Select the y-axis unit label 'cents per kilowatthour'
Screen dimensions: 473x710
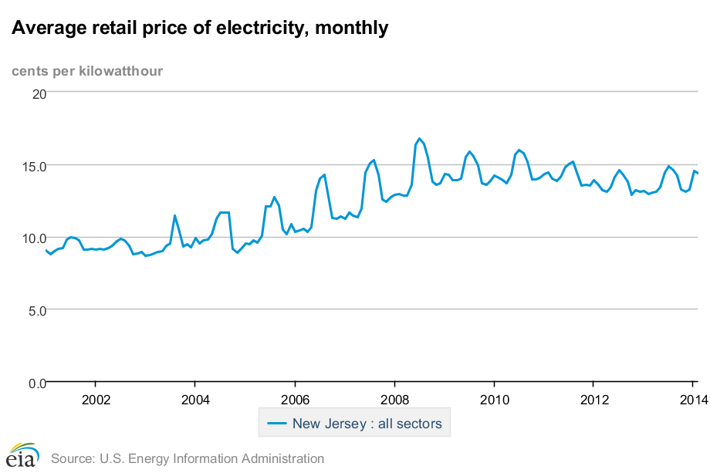87,72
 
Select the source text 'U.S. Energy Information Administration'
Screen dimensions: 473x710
211,458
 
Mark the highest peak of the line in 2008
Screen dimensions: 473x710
420,139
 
